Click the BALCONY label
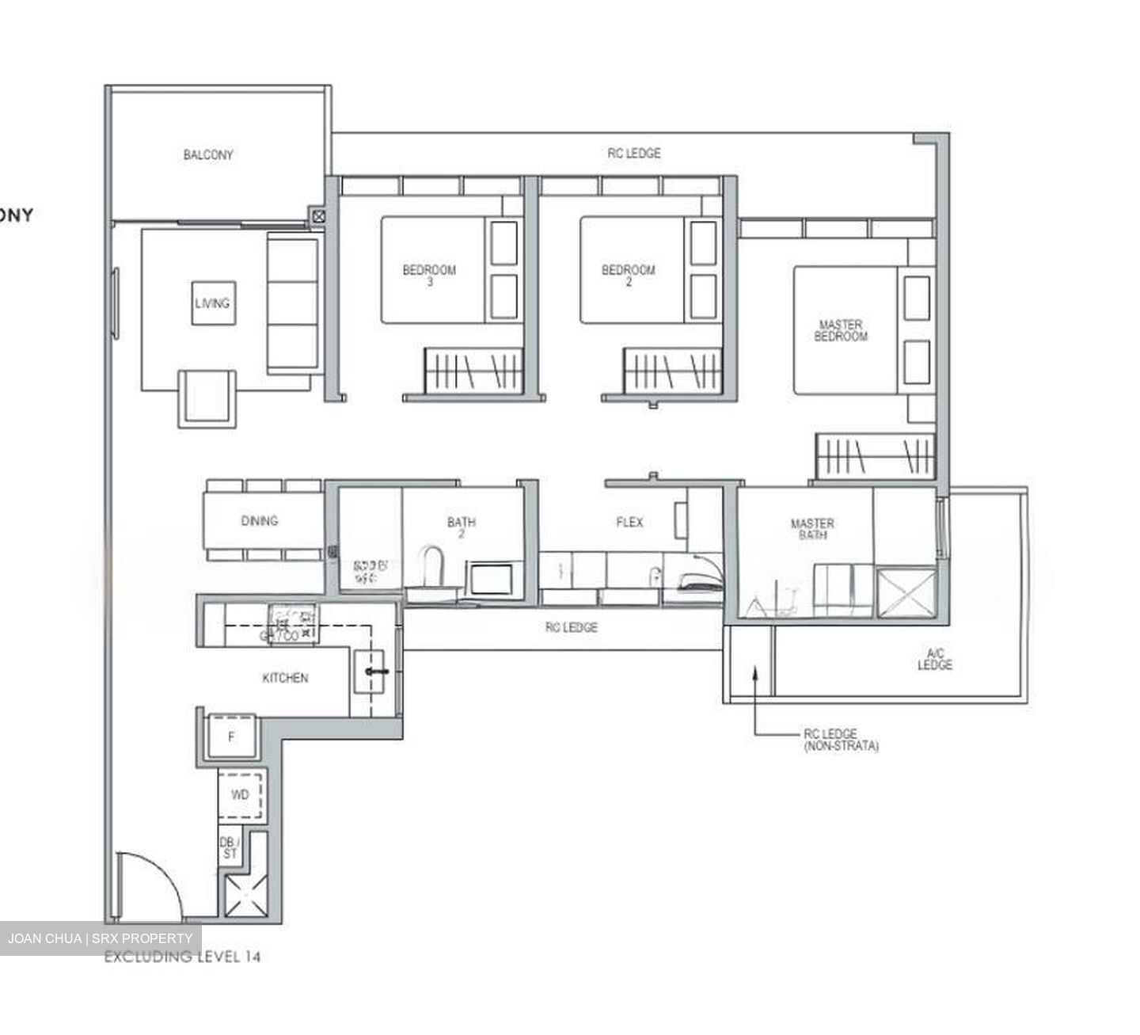(208, 155)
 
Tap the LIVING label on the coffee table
(212, 303)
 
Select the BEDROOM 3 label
(429, 275)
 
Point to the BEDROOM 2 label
(629, 275)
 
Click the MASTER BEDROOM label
(841, 330)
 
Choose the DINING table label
(260, 520)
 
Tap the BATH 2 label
(462, 527)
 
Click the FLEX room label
(629, 522)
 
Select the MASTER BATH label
(812, 528)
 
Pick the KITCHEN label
(285, 678)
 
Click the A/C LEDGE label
(935, 659)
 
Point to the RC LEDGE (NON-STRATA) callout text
(841, 740)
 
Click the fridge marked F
(231, 737)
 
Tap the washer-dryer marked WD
(240, 794)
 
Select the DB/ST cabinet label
(230, 848)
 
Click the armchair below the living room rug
(207, 398)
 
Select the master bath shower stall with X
(906, 592)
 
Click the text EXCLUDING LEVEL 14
(182, 957)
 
